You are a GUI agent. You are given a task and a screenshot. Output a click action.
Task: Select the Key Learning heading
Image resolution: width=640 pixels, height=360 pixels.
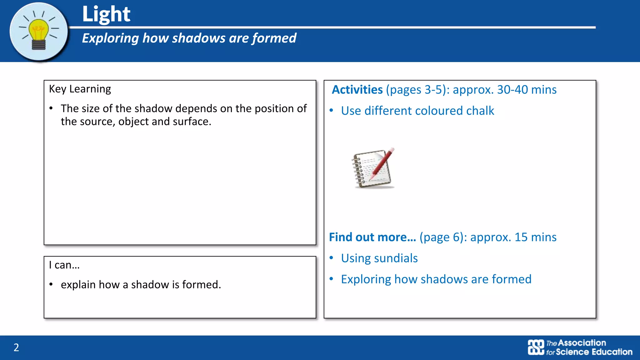[80, 89]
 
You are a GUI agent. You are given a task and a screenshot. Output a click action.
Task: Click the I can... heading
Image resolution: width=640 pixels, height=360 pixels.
[64, 265]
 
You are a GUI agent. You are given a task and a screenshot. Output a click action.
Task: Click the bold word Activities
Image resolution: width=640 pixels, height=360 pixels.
[357, 90]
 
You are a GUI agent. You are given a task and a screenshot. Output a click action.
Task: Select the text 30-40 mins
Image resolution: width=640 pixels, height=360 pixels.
[527, 90]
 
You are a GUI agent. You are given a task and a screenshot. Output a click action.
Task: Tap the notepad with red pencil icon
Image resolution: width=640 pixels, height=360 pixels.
[373, 168]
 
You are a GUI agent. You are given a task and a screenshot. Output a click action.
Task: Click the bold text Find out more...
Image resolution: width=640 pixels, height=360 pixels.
[372, 237]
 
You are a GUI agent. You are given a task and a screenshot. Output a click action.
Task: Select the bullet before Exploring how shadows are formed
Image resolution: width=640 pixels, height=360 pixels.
[331, 279]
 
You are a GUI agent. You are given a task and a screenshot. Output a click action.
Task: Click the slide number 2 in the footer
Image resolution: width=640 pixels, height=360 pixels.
[16, 347]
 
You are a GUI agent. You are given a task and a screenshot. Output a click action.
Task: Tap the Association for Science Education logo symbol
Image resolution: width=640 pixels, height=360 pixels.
[536, 347]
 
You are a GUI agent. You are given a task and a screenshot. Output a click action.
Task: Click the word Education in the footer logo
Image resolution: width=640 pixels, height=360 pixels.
[612, 352]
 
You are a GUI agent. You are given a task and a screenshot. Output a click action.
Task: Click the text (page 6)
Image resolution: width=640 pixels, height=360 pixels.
[441, 237]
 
